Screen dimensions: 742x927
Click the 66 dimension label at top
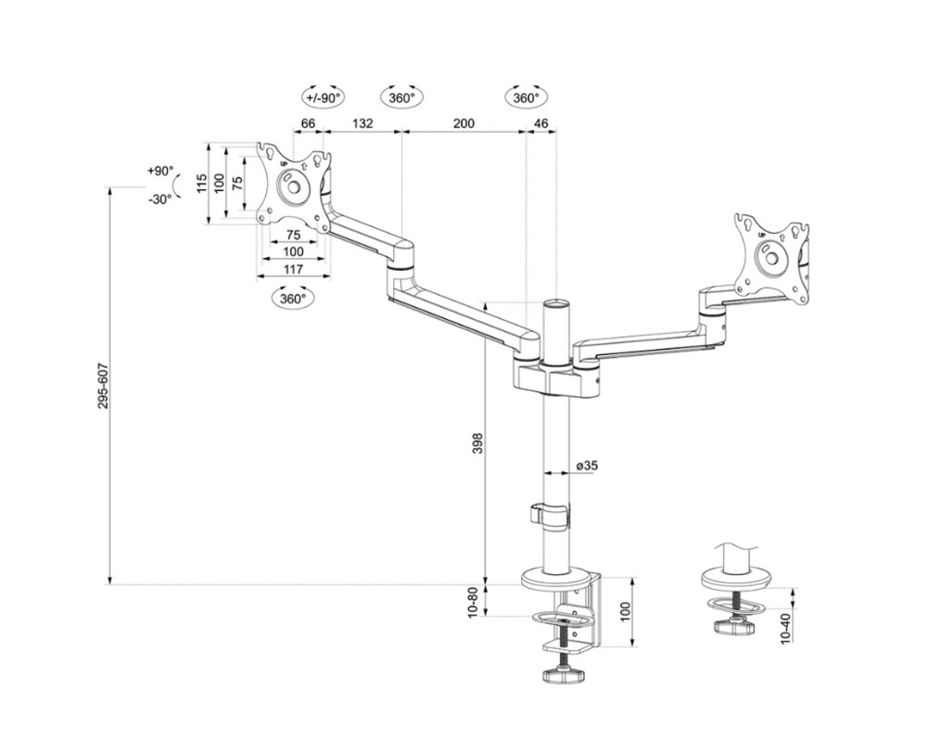click(x=309, y=123)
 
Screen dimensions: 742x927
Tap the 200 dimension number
click(x=463, y=123)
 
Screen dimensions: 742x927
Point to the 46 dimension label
click(x=541, y=123)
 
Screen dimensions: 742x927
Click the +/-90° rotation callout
click(x=323, y=97)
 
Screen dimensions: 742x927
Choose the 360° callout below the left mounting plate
click(x=293, y=299)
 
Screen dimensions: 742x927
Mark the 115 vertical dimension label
click(x=201, y=183)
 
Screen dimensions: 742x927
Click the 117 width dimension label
click(x=293, y=269)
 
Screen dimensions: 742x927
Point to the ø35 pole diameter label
click(x=586, y=466)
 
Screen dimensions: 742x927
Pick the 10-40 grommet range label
click(x=786, y=629)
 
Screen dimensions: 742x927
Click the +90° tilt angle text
click(x=159, y=172)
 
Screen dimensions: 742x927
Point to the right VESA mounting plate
click(x=771, y=257)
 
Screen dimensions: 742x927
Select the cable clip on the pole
click(x=549, y=514)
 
